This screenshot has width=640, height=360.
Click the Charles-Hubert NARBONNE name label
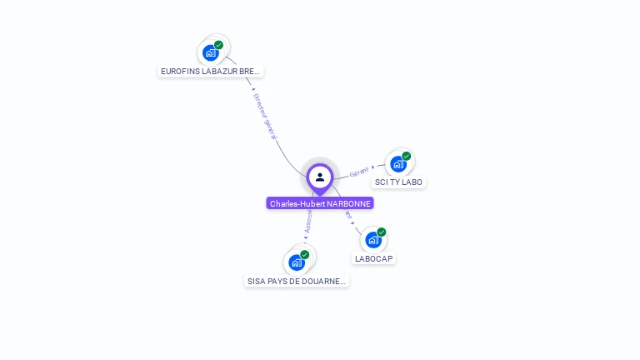(x=320, y=203)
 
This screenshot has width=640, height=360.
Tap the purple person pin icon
(x=320, y=177)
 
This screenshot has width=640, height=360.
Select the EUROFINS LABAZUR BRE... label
(x=211, y=72)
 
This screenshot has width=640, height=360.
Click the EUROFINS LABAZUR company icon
(x=211, y=52)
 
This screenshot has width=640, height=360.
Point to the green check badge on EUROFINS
(x=218, y=45)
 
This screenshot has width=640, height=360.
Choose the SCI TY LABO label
(x=399, y=182)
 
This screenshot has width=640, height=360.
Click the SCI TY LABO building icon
(x=398, y=163)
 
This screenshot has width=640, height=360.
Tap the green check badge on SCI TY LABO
(x=407, y=156)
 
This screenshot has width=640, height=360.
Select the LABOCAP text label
(x=373, y=258)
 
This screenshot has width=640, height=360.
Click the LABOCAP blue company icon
(x=373, y=240)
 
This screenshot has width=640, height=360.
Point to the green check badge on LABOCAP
(x=382, y=232)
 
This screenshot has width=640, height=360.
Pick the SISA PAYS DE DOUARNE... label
(x=297, y=282)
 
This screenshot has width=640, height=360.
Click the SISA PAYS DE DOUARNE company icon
(x=296, y=262)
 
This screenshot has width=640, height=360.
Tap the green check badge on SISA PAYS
(x=304, y=255)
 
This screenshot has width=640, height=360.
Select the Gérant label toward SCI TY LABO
(x=359, y=172)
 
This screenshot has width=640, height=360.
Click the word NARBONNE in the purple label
(x=349, y=203)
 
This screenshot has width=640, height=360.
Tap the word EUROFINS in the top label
(x=179, y=72)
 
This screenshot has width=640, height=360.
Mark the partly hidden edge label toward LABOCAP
(x=348, y=216)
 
